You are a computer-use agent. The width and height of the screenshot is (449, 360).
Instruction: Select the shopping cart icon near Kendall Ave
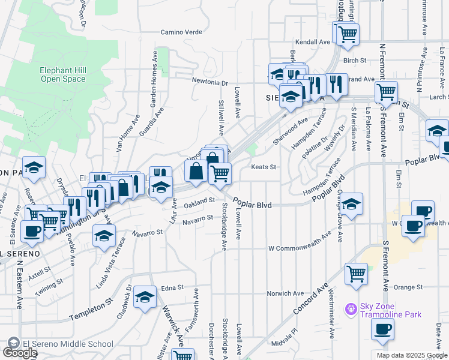pos(347,34)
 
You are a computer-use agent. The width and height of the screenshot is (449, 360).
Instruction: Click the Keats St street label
pos(264,167)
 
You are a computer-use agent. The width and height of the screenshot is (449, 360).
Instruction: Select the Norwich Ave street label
pos(286,293)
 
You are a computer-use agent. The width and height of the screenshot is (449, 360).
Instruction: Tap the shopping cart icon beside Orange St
pos(356,274)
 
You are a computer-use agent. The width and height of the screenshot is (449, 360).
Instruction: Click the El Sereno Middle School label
pos(67,344)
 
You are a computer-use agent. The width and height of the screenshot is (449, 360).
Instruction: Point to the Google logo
pos(19,353)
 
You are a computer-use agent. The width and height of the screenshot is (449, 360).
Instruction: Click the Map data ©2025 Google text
pos(411,355)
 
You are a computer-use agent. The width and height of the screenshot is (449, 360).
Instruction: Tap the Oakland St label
pos(199,201)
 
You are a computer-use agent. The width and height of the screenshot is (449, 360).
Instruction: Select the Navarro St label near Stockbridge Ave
pos(198,218)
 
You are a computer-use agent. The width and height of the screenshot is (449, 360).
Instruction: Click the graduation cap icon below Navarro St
pos(104,236)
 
